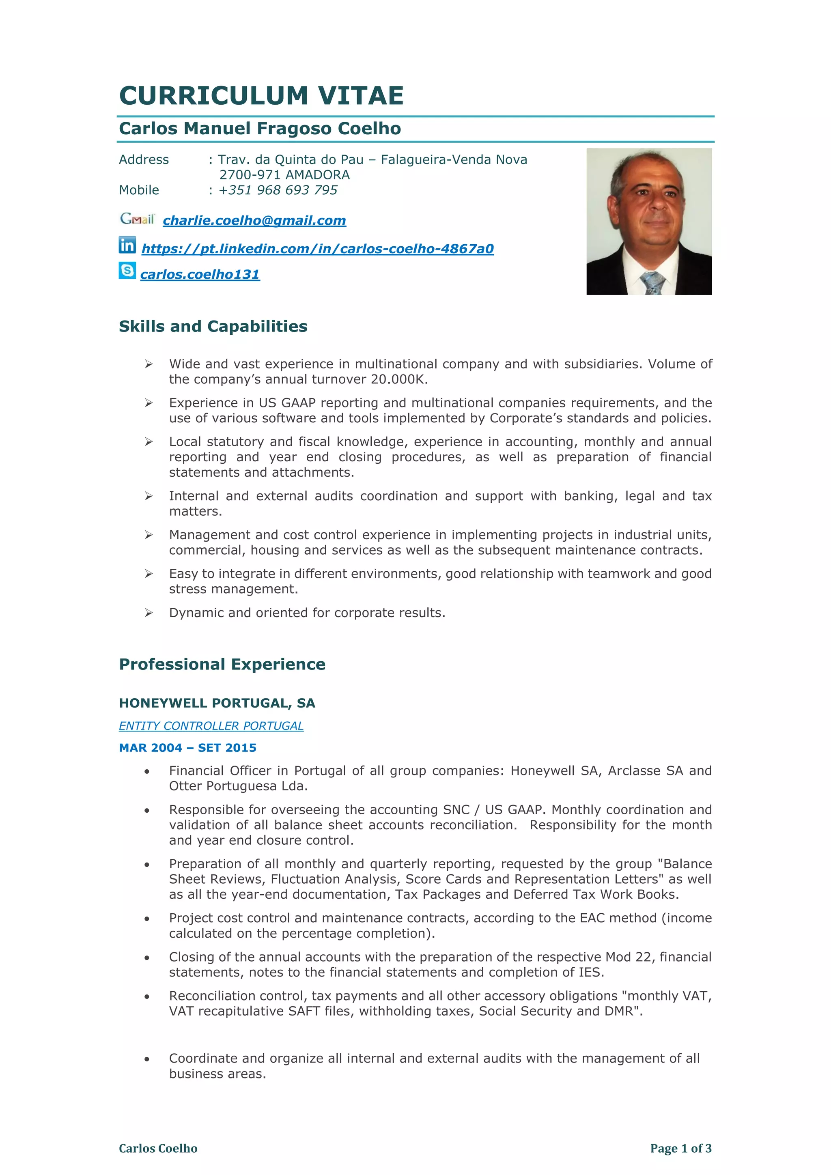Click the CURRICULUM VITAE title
point(261,96)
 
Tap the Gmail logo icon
point(137,219)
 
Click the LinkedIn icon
point(127,245)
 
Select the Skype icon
point(127,270)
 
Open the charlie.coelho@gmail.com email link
point(254,221)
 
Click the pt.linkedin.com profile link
point(317,249)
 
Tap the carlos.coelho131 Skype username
point(200,275)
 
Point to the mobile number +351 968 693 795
point(278,190)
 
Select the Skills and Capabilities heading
point(213,327)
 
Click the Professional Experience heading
point(222,664)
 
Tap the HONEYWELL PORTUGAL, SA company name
point(217,703)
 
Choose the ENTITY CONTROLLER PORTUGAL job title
point(211,726)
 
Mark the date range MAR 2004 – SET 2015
point(187,748)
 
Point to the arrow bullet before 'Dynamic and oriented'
point(149,613)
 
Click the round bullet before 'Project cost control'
point(147,919)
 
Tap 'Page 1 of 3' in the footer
point(680,1148)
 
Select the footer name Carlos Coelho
point(158,1148)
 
